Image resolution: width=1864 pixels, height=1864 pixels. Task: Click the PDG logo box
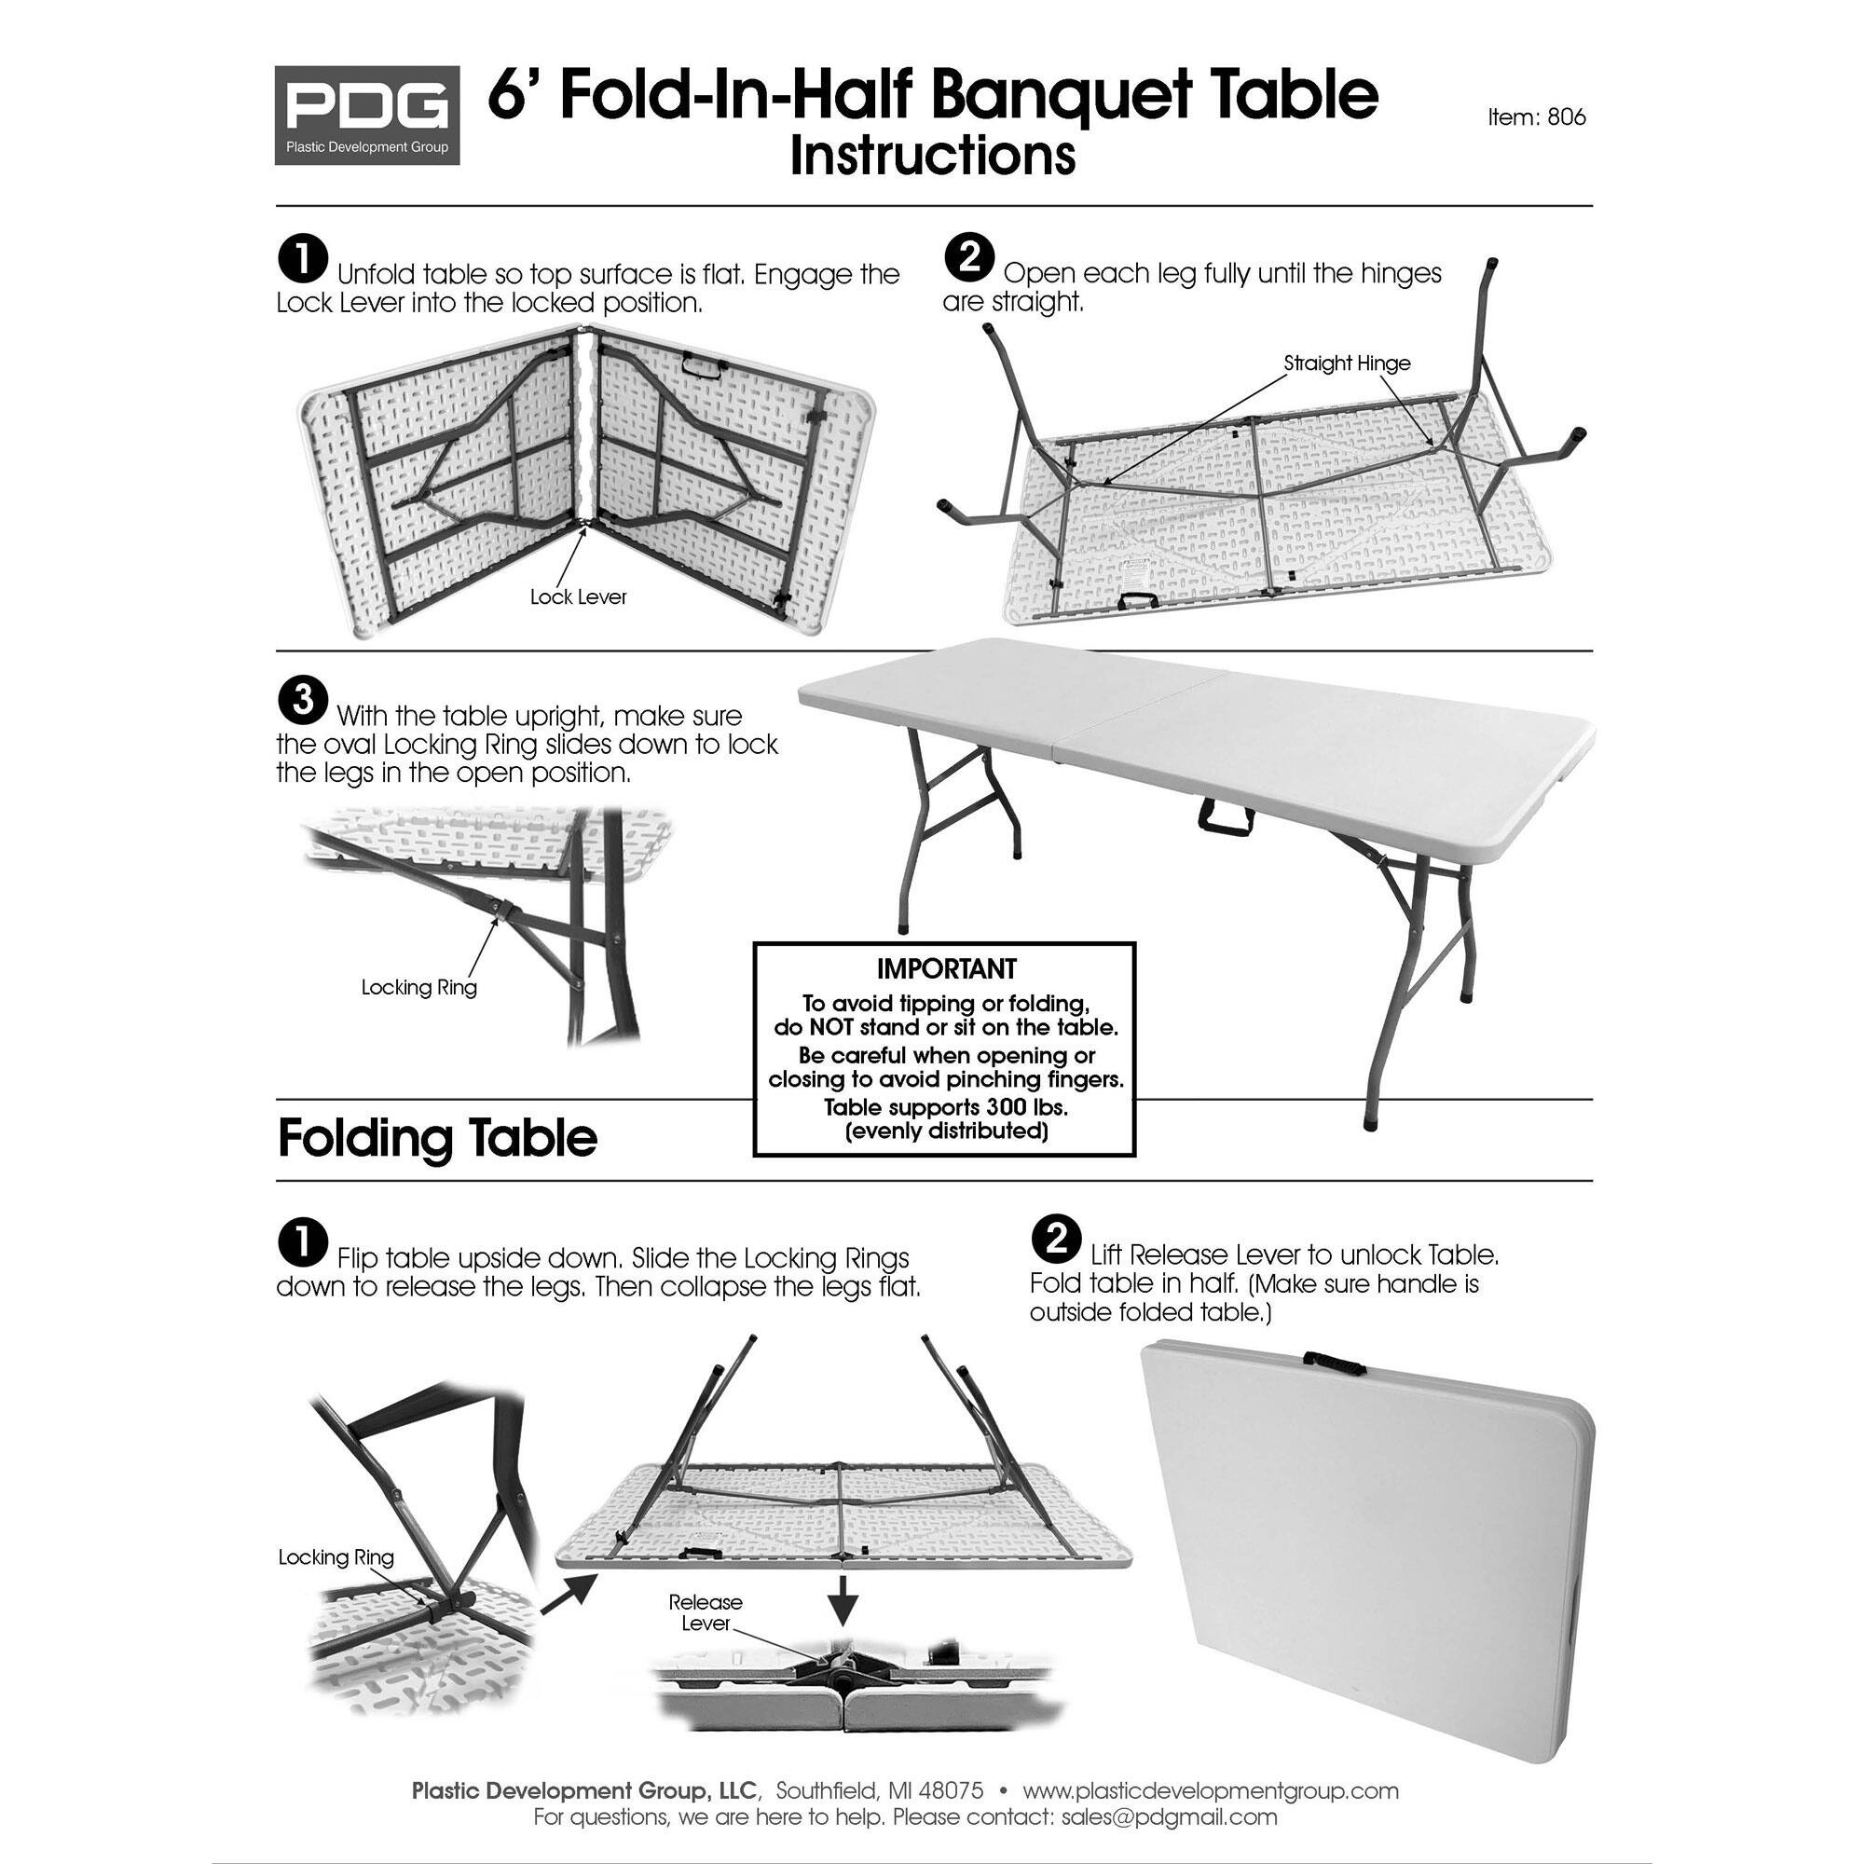(x=366, y=115)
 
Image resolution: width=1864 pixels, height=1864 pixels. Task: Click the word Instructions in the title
(x=932, y=157)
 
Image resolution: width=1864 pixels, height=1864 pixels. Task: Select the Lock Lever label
(x=578, y=597)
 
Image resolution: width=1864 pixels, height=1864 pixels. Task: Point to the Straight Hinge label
(x=1347, y=363)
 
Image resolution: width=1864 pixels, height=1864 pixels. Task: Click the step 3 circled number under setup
(x=303, y=702)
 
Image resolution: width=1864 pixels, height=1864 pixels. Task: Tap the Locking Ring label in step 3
(x=418, y=987)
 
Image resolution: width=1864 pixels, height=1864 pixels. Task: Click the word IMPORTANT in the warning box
(x=945, y=968)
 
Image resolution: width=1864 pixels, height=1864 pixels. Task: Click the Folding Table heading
(x=437, y=1139)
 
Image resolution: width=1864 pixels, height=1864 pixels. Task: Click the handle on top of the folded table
(x=1335, y=1364)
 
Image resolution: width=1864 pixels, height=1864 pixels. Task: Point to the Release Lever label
(x=706, y=1612)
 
